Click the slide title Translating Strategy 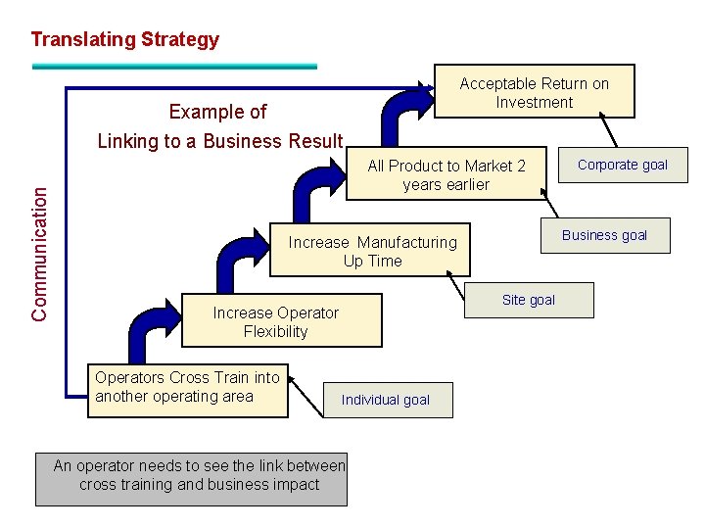124,40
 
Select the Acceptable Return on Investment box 534,92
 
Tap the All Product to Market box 446,175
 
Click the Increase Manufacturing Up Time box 372,251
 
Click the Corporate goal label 622,165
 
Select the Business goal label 604,235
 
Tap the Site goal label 529,300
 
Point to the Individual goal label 385,400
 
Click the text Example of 217,112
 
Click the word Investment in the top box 534,102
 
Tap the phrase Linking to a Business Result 220,141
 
